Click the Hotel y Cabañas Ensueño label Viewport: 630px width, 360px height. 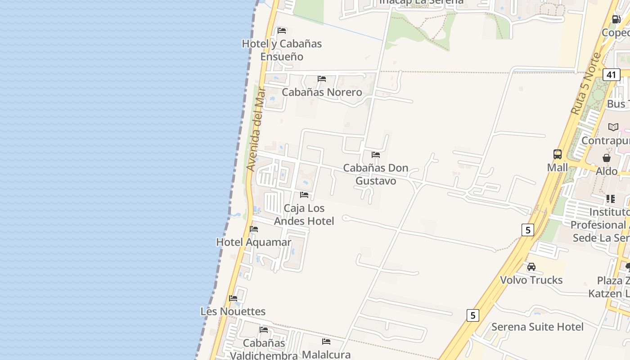[282, 50]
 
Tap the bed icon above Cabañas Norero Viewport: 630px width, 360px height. [322, 79]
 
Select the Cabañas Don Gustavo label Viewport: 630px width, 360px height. [376, 174]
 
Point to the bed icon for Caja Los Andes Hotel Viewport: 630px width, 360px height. [304, 195]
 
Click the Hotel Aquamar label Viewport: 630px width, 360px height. [254, 242]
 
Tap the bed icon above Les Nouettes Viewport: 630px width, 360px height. [233, 298]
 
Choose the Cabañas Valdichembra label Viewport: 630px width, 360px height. [264, 349]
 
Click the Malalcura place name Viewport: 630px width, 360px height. [326, 355]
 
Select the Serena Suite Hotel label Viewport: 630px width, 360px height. [537, 327]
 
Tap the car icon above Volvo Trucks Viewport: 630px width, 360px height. [531, 267]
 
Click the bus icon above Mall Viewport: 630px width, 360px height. [558, 154]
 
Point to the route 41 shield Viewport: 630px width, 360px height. [611, 75]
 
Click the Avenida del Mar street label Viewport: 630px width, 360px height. [256, 129]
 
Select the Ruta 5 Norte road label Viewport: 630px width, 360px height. [585, 84]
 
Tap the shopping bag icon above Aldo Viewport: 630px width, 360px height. [607, 158]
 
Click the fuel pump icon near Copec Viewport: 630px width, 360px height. [616, 19]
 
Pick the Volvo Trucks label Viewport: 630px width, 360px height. [531, 280]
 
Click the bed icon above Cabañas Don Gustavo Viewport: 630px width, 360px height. [376, 155]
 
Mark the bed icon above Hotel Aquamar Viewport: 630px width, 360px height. [254, 229]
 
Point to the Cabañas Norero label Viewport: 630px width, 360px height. [322, 92]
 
